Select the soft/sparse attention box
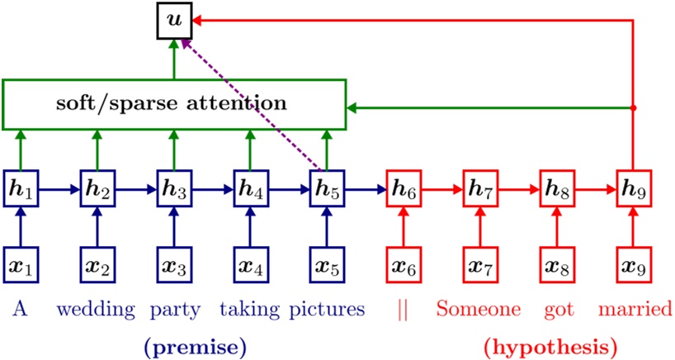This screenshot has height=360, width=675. point(173,104)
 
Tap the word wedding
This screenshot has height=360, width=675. point(96,310)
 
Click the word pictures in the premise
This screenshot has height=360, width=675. point(328,310)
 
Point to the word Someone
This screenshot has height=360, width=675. point(479,310)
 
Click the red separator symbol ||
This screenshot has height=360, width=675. point(403,310)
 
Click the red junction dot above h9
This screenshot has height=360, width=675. point(634,108)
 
